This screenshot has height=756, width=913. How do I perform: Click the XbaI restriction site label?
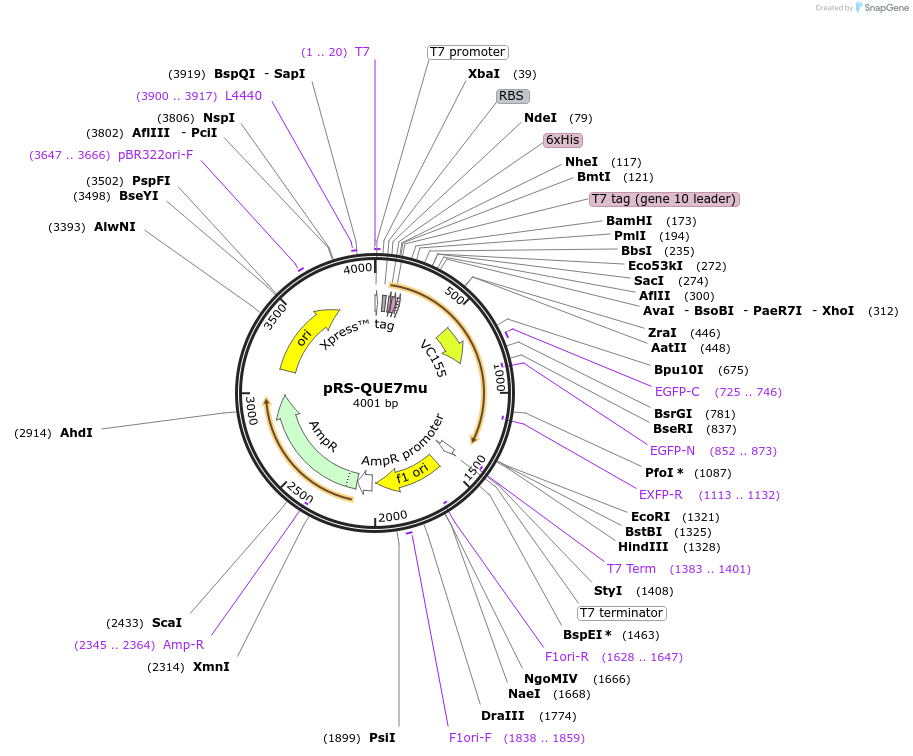pos(484,74)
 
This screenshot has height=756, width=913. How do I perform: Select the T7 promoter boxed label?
pos(468,52)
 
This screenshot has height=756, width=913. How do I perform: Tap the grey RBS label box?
pos(512,96)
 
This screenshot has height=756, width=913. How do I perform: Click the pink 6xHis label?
pos(562,140)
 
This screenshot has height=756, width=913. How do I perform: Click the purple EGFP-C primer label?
pos(677,391)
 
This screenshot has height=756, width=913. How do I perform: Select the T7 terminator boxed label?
pos(622,613)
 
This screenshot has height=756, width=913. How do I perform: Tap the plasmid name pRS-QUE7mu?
pos(375,388)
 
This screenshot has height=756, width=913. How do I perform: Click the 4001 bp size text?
pos(375,404)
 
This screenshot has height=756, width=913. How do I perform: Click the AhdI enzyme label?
pos(76,433)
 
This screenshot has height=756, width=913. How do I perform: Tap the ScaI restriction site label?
pos(167,622)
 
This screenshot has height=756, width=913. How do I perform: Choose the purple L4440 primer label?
pos(243,96)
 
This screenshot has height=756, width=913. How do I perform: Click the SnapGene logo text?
pos(881,8)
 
